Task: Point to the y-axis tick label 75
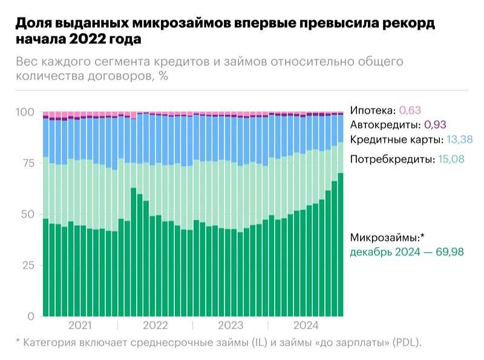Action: point(27,163)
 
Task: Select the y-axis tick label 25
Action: point(27,266)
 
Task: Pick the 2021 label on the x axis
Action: point(80,326)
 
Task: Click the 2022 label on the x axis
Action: point(155,326)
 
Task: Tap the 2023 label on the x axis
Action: point(231,326)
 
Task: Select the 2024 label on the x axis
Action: point(306,326)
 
